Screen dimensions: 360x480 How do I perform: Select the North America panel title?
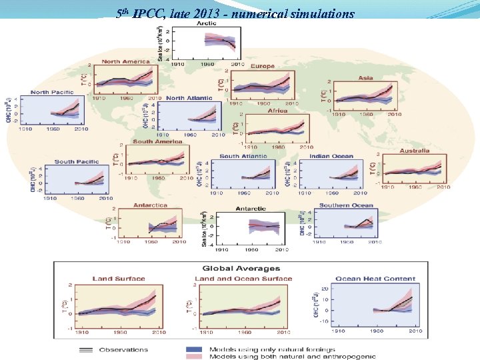click(126, 62)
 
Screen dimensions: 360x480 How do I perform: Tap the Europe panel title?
click(262, 66)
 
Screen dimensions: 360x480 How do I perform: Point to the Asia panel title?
click(365, 78)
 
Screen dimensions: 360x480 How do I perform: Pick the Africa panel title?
click(277, 111)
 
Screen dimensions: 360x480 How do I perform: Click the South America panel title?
click(158, 141)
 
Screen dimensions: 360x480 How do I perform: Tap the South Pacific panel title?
click(77, 162)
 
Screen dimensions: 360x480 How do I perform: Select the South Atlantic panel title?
click(243, 157)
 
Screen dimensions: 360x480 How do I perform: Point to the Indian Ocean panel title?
click(331, 157)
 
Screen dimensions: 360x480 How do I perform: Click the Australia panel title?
click(414, 151)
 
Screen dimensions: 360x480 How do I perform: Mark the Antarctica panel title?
click(150, 205)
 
